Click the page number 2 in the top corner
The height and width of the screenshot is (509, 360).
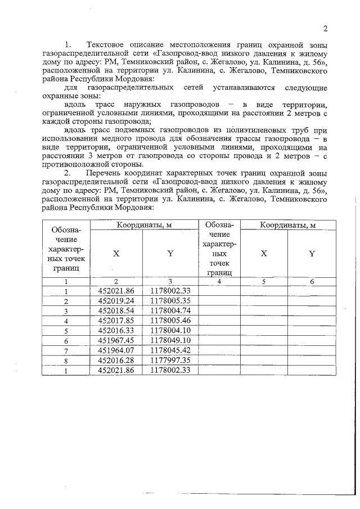(325, 29)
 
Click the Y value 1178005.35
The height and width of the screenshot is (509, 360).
(171, 301)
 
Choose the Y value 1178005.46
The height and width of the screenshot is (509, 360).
(171, 321)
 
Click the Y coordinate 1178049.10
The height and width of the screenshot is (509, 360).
(171, 341)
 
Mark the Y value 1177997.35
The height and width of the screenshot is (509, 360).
(171, 361)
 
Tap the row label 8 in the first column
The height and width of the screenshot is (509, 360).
(66, 361)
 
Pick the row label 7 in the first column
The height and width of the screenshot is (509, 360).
(66, 351)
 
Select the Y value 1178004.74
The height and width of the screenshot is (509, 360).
(171, 310)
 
